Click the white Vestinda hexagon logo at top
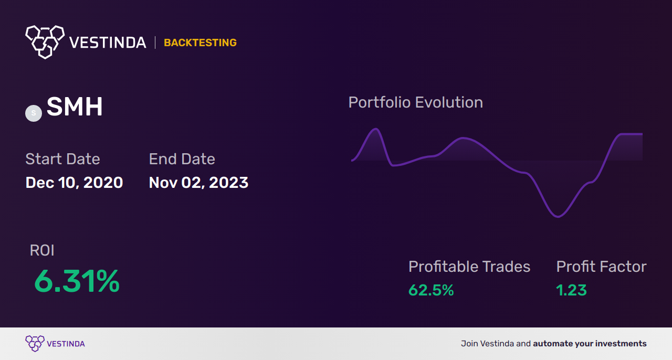coord(45,41)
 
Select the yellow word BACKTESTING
coord(200,43)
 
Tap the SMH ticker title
coord(75,108)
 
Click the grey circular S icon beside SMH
coord(34,113)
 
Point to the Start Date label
coord(62,159)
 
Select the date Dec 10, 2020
coord(74,183)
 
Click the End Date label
coord(182,159)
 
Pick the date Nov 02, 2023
coord(198,183)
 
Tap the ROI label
coord(42,250)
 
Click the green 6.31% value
coord(77,282)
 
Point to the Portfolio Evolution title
coord(415,102)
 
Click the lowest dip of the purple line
coord(558,216)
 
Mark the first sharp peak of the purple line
coord(375,129)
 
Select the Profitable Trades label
coord(469,267)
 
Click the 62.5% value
coord(431,290)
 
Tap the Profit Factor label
coord(601,267)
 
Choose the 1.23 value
coord(571,290)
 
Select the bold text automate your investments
coord(590,344)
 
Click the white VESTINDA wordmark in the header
coord(108,43)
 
